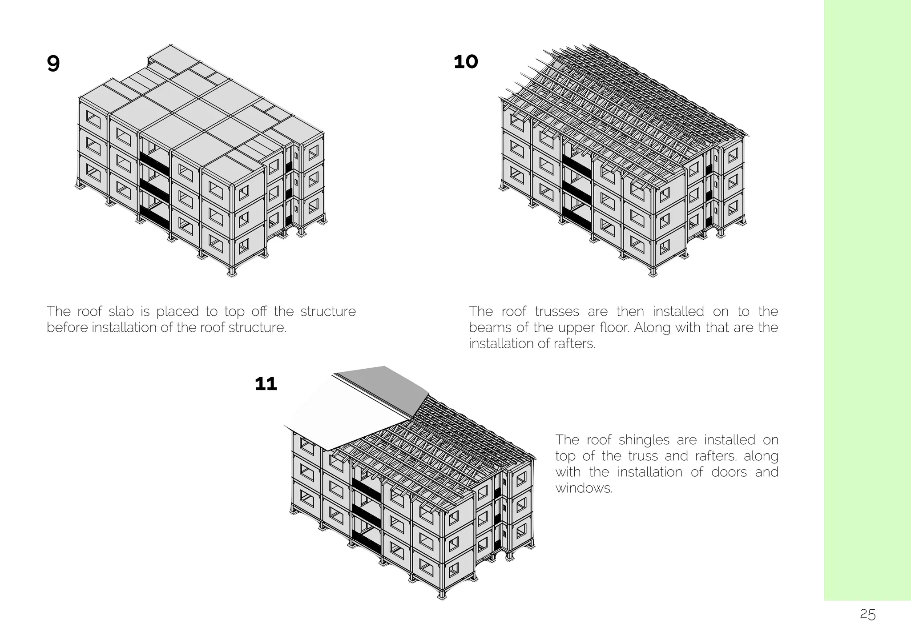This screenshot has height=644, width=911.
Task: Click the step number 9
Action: pyautogui.click(x=53, y=64)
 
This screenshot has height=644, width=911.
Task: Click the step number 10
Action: pyautogui.click(x=466, y=62)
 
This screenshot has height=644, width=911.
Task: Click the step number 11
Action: pyautogui.click(x=266, y=383)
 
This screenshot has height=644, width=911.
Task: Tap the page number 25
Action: pyautogui.click(x=868, y=615)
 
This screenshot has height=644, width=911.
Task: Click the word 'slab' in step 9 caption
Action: pyautogui.click(x=121, y=311)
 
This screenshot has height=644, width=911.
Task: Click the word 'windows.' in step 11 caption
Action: pyautogui.click(x=584, y=488)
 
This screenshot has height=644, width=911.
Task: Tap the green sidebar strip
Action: pyautogui.click(x=867, y=300)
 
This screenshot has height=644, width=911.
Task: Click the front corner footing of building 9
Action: pyautogui.click(x=231, y=272)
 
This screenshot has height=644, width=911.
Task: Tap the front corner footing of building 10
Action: pyautogui.click(x=653, y=272)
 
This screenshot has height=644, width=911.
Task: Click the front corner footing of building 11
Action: pyautogui.click(x=441, y=595)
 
